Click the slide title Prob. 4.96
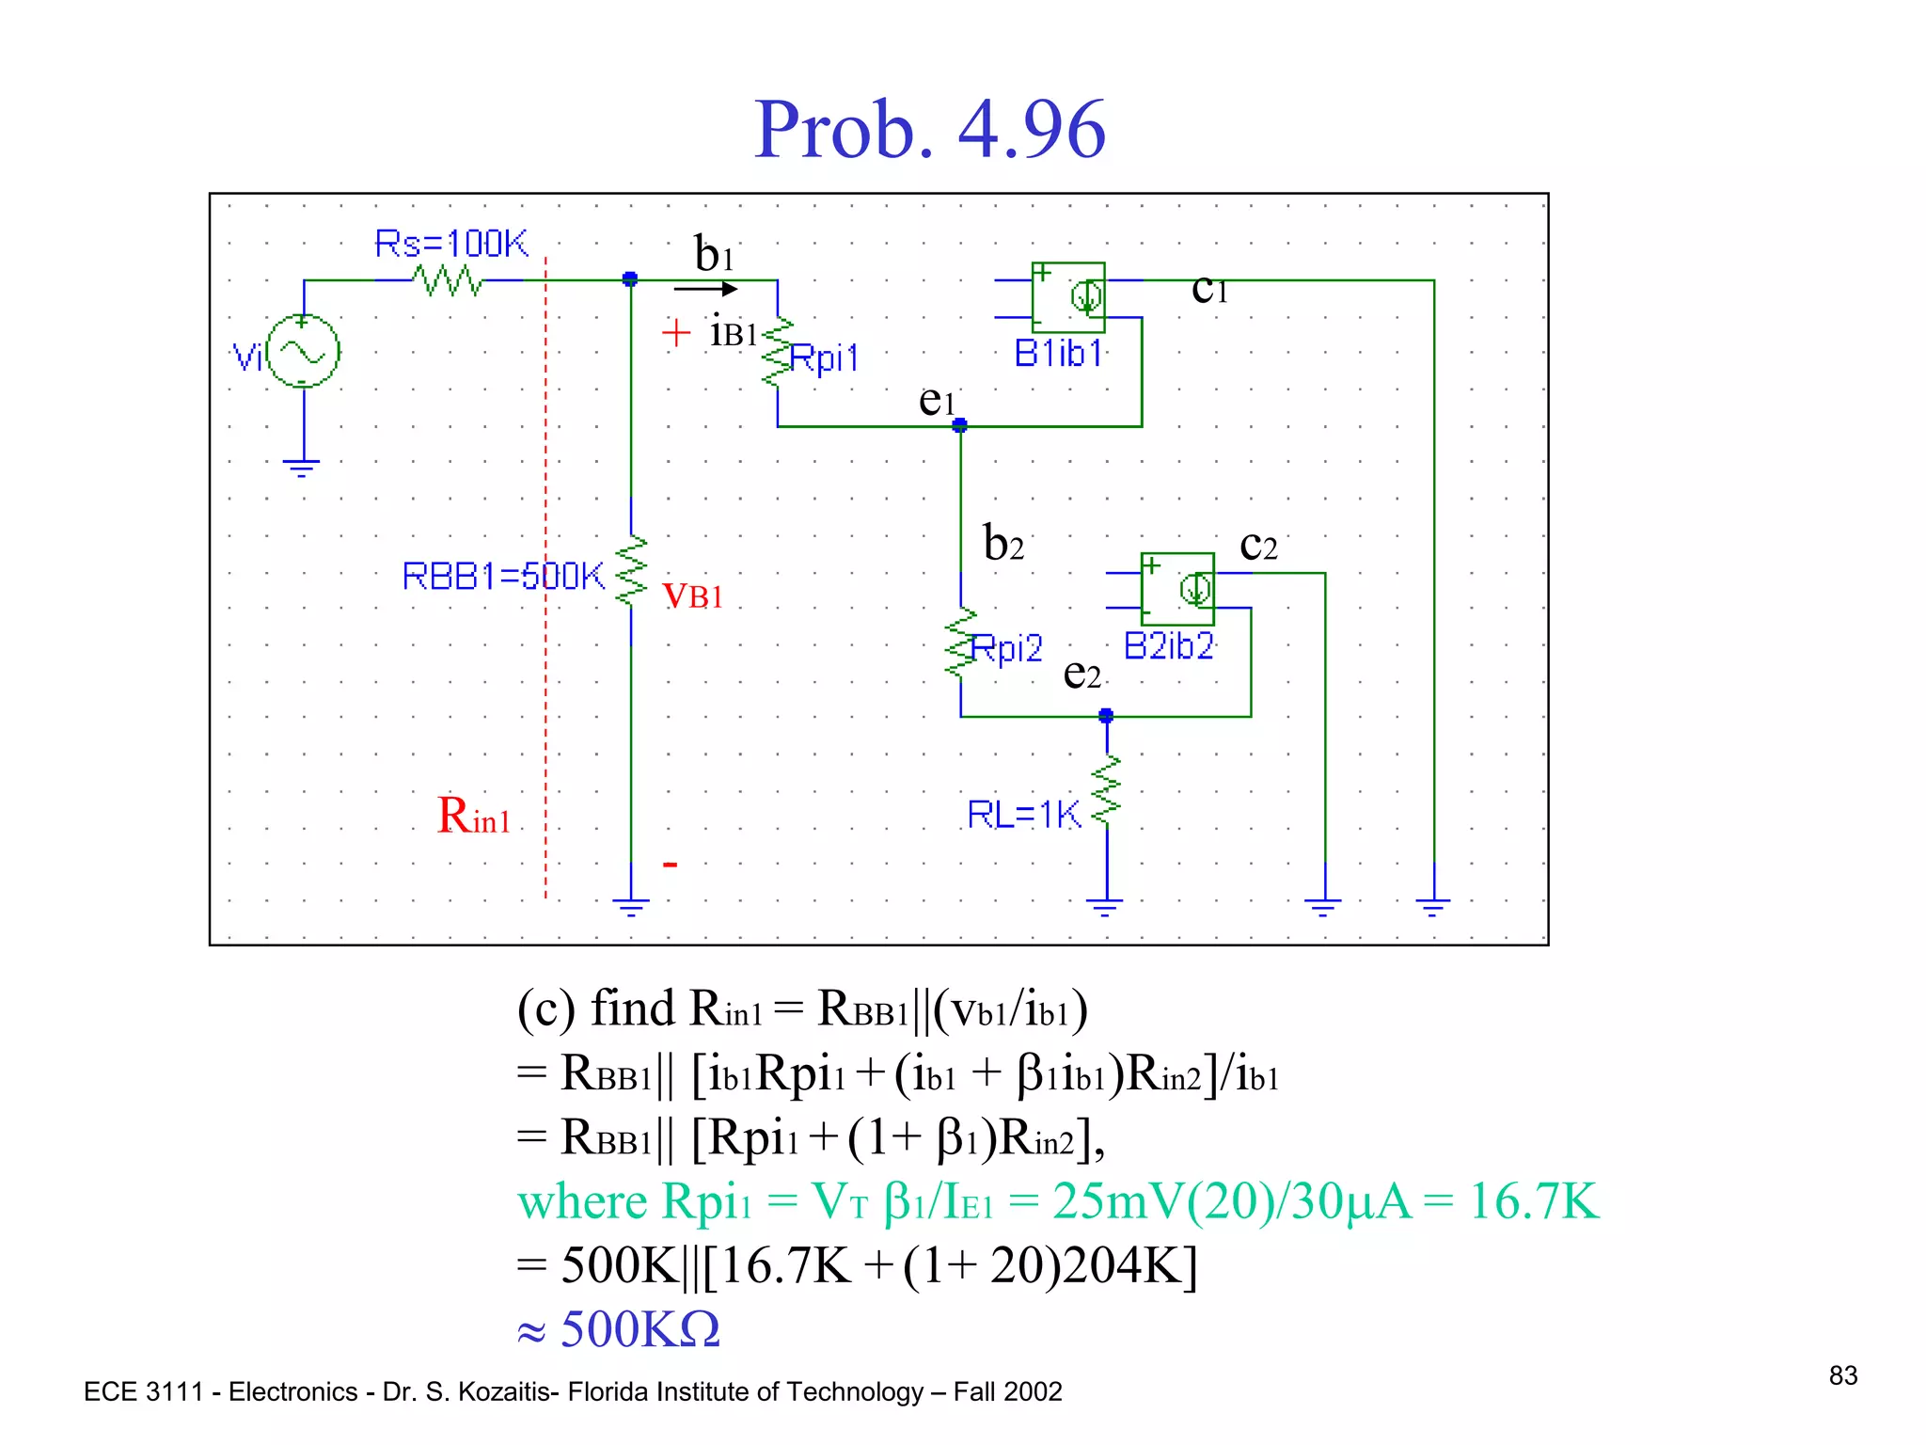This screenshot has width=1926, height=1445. tap(929, 130)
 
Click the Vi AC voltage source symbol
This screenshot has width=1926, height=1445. tap(303, 352)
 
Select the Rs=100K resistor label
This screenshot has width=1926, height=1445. tap(451, 244)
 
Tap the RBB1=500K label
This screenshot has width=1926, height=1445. tap(503, 576)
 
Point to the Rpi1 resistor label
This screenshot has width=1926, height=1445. tap(824, 357)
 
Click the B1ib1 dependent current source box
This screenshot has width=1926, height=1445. tap(1068, 297)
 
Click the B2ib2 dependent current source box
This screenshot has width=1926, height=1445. tap(1177, 590)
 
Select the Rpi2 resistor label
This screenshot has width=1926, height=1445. tap(1006, 648)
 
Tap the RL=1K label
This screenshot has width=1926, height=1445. tap(1024, 814)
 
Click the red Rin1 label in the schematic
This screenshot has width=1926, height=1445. tap(473, 816)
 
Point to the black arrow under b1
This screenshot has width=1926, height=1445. tap(706, 289)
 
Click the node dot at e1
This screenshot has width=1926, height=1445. tap(959, 426)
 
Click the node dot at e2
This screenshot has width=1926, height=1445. tap(1106, 716)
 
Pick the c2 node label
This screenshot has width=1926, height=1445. tap(1258, 545)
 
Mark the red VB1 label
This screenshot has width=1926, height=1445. tap(693, 595)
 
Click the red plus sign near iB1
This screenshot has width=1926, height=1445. tap(675, 333)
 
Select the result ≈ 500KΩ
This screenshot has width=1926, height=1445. tap(620, 1329)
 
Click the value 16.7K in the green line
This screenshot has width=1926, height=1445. tap(1533, 1201)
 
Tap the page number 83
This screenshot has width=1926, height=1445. tap(1842, 1375)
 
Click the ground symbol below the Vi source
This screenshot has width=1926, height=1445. tap(301, 468)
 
